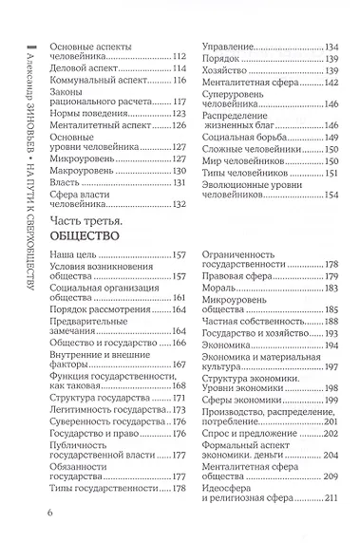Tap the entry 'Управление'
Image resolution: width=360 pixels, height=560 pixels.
point(230,47)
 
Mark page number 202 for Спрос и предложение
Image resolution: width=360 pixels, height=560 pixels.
point(331,435)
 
